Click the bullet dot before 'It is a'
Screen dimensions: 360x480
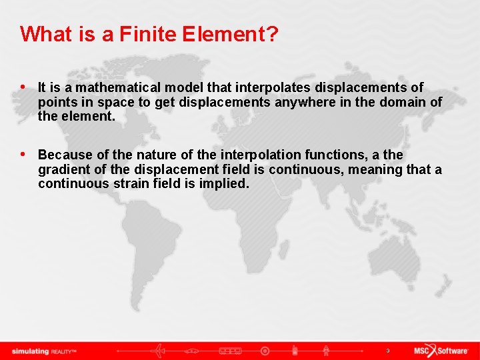24,87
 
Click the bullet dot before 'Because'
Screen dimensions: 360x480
24,155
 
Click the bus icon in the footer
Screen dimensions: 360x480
230,350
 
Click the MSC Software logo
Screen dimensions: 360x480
441,350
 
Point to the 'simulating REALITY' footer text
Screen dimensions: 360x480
44,351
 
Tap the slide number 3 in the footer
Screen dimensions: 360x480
387,350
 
